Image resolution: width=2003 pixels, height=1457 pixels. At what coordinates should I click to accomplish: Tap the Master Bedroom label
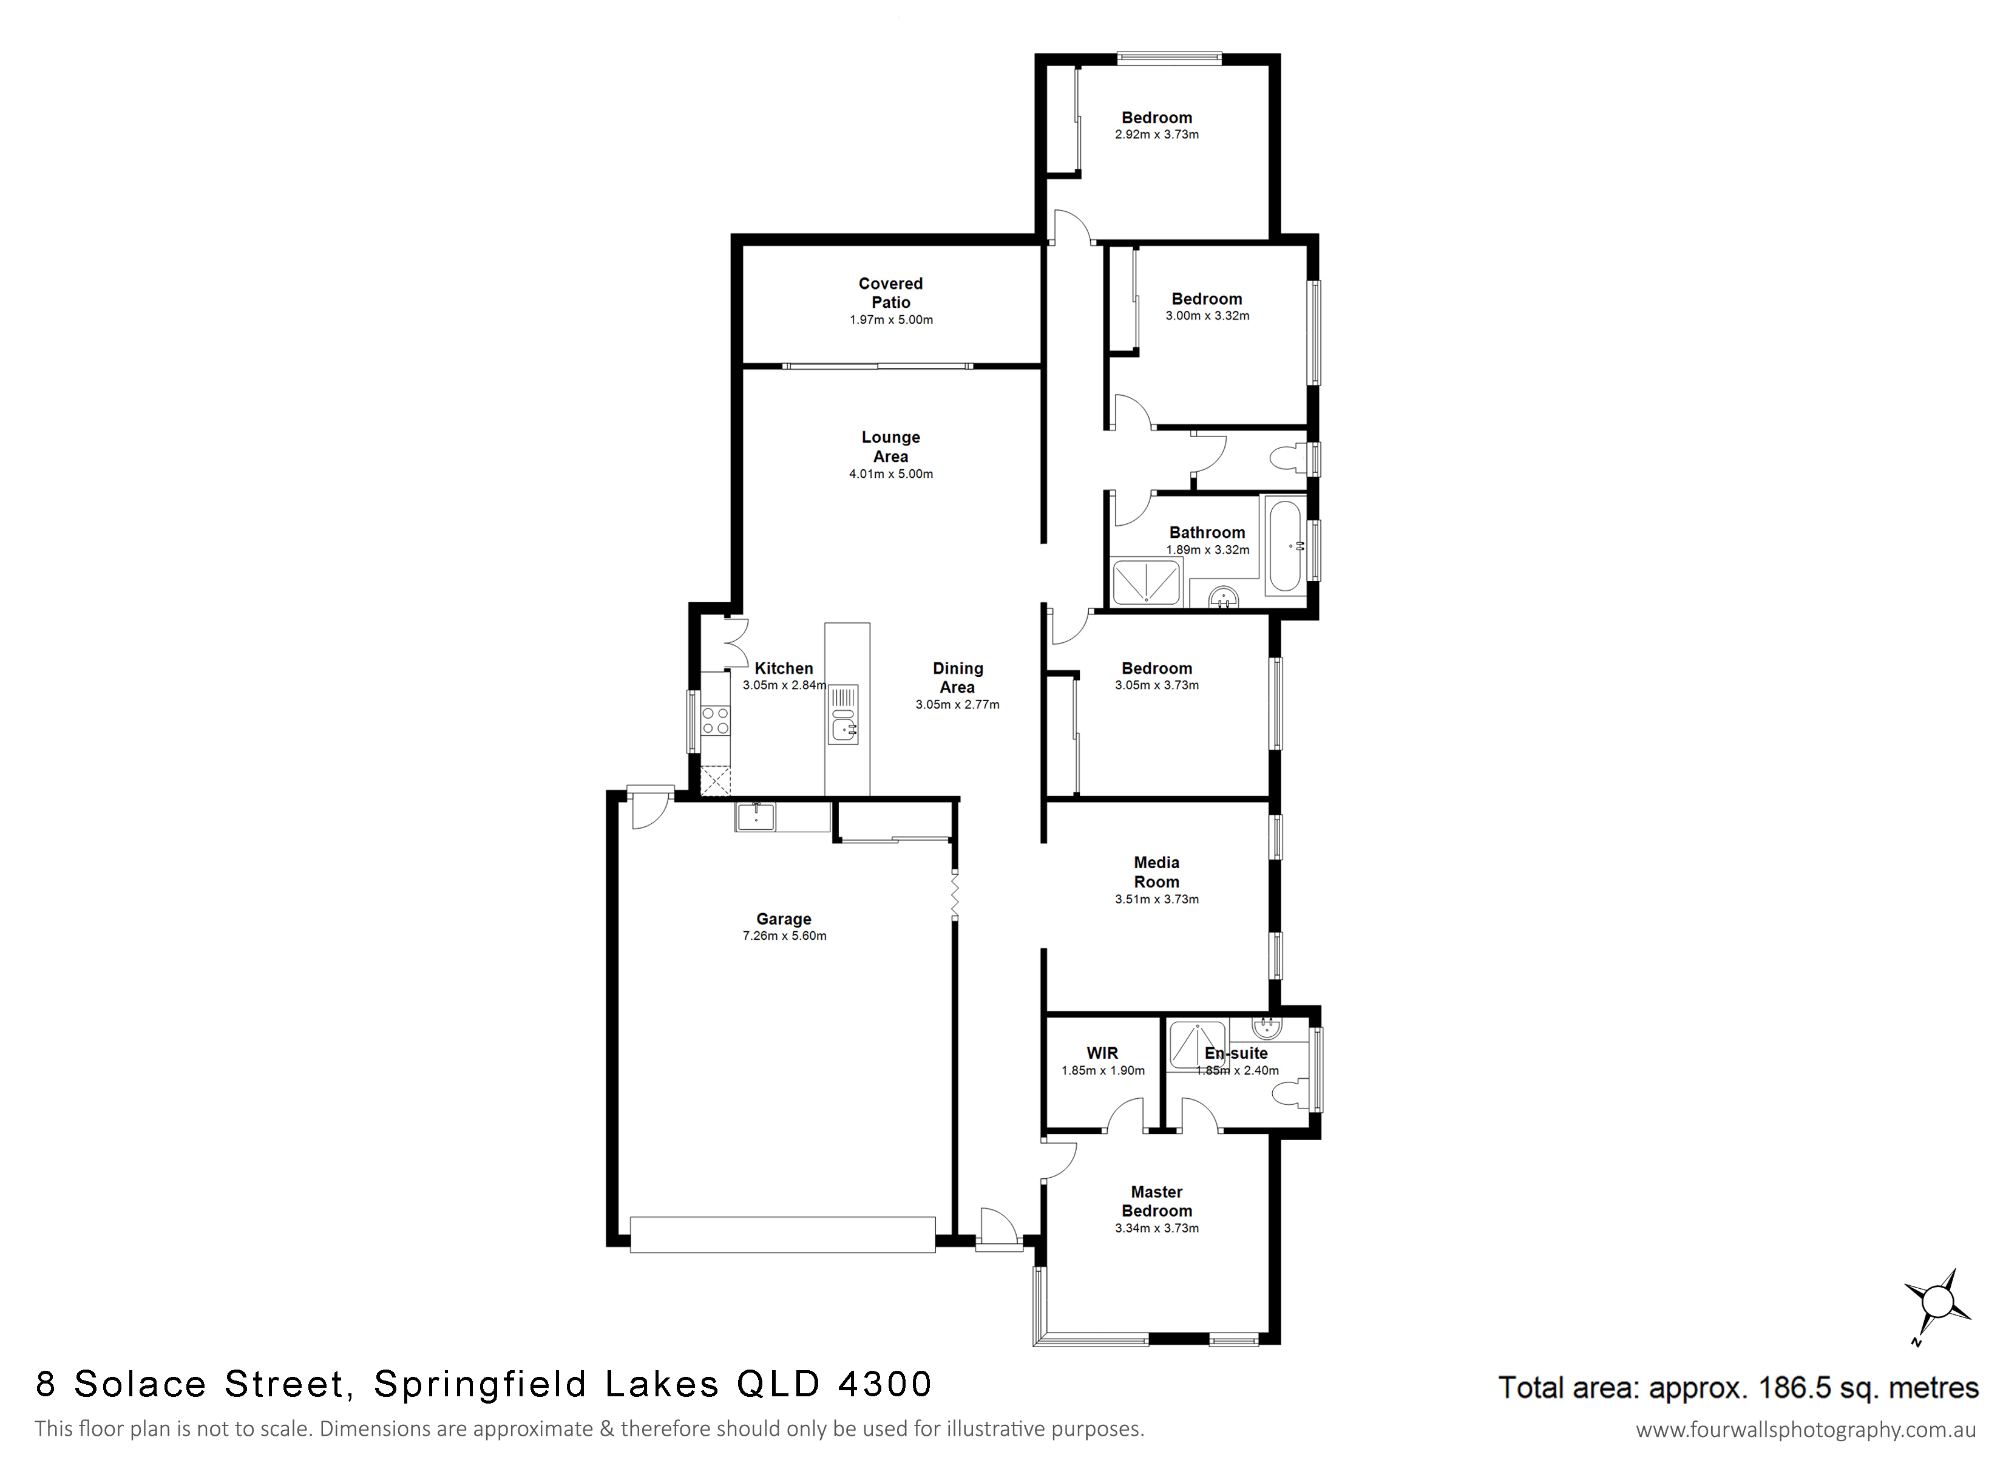1156,1201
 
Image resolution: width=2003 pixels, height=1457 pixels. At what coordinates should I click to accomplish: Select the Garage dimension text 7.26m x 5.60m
784,936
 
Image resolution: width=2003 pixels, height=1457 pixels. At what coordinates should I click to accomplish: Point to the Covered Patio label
890,293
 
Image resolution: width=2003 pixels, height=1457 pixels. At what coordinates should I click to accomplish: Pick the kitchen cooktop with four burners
716,720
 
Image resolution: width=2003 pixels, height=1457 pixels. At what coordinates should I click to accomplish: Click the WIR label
1102,1053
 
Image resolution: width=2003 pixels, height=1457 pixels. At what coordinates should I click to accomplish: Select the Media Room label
1156,872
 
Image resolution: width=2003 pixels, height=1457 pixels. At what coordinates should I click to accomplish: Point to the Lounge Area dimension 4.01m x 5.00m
890,474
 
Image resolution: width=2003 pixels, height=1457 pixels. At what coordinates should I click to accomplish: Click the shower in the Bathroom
1145,582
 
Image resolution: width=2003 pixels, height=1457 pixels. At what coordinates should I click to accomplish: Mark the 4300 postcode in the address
885,1385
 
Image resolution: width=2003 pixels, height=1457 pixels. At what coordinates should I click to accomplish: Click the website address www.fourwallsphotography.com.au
1806,1430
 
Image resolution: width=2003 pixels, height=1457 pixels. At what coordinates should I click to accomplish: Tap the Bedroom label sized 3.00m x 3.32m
1207,299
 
